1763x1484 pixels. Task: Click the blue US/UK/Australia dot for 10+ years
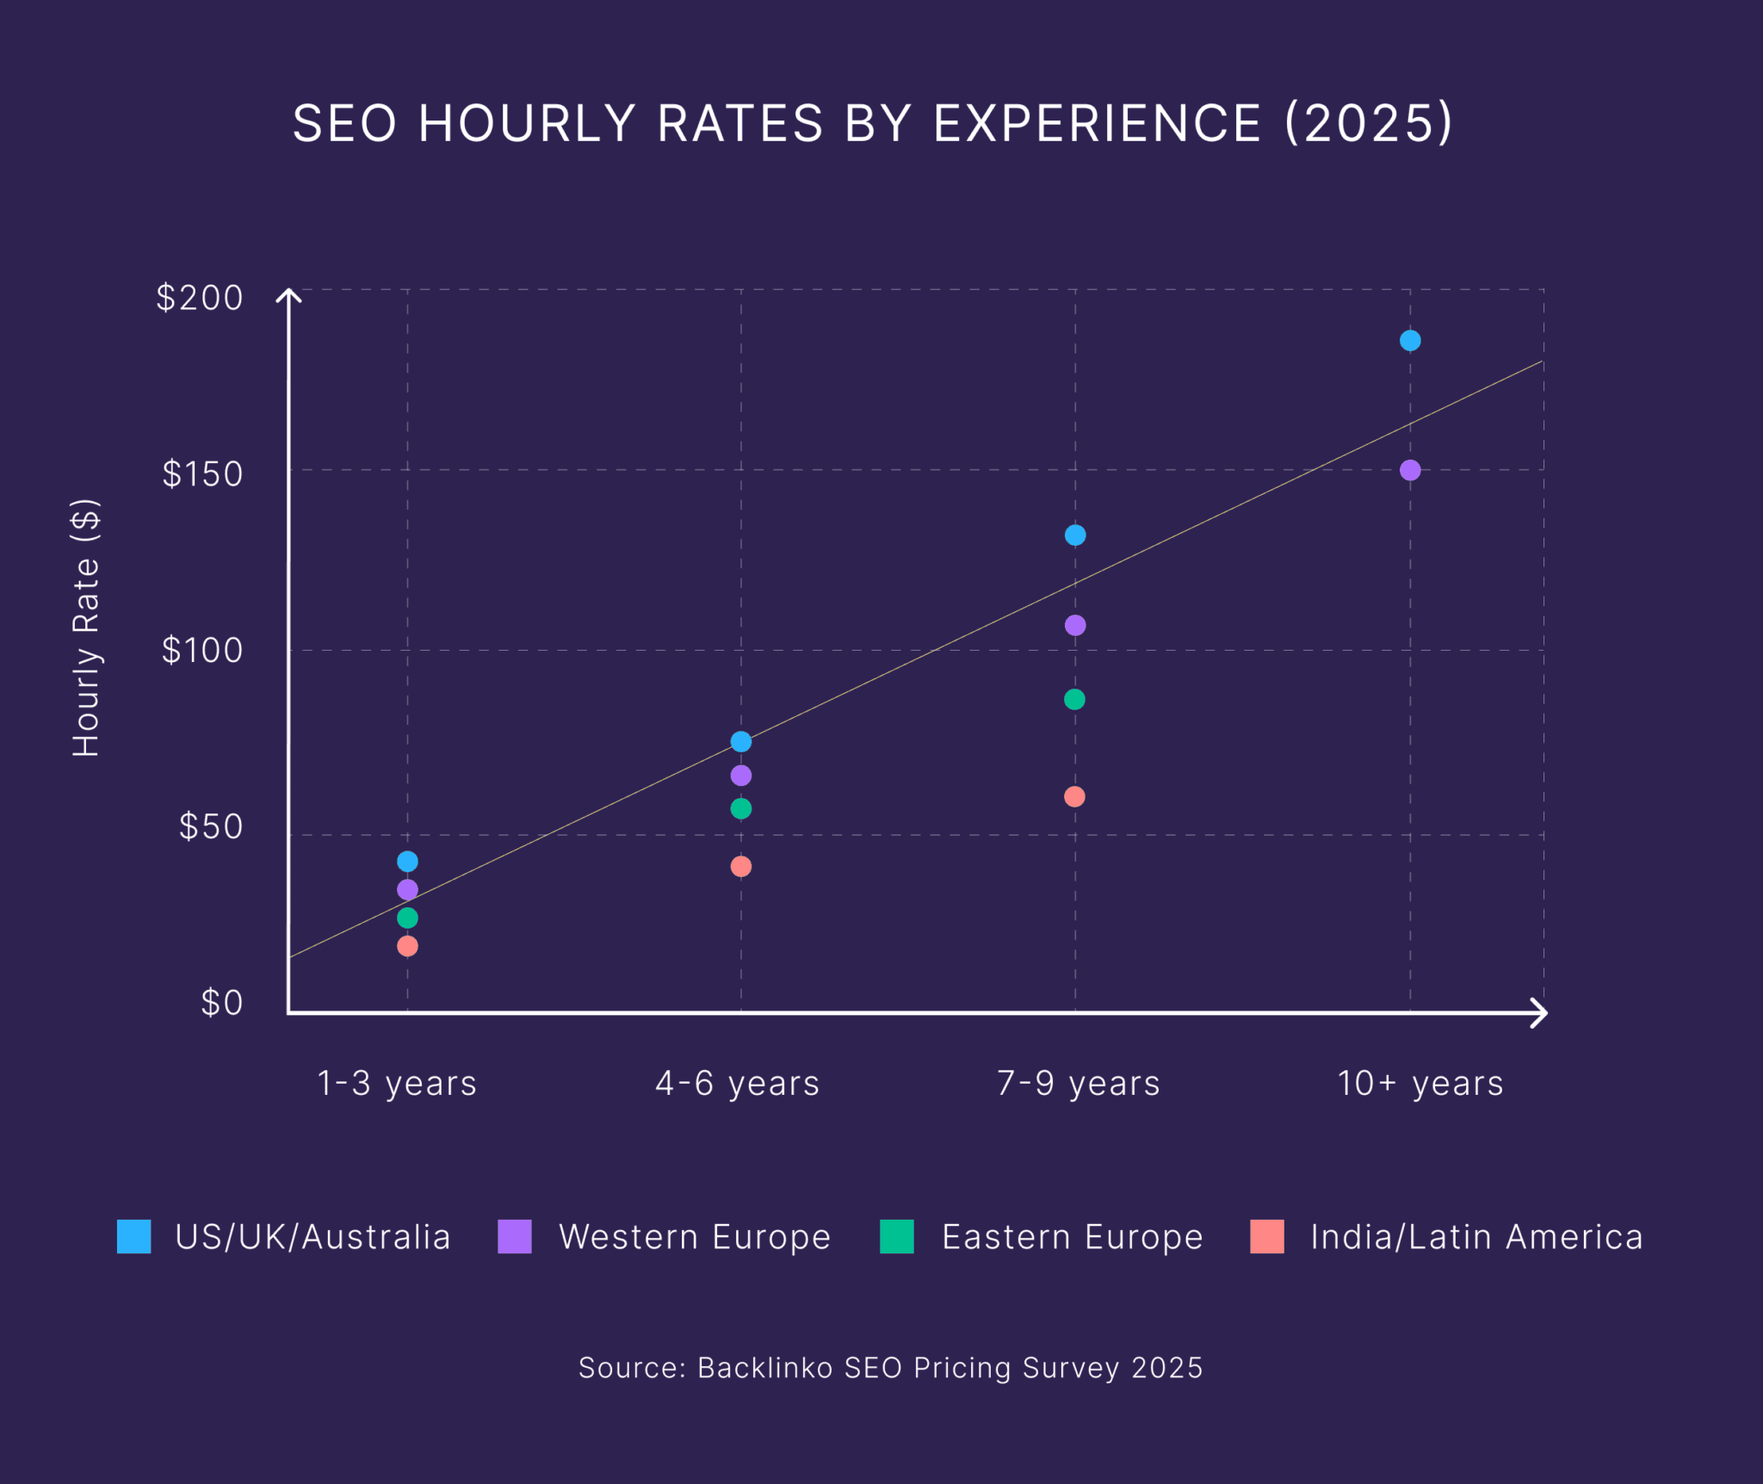tap(1410, 341)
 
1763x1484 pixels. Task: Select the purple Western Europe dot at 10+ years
tap(1410, 471)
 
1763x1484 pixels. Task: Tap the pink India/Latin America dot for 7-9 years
tap(1074, 797)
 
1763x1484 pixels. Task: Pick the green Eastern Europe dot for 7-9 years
tap(1074, 700)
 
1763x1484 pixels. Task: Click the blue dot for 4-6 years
tap(741, 742)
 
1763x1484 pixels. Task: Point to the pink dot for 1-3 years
tap(408, 946)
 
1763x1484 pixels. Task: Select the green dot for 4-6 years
tap(741, 809)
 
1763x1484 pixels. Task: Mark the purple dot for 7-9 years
tap(1075, 626)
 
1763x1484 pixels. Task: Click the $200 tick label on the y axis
tap(200, 299)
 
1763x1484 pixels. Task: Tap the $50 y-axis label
tap(211, 827)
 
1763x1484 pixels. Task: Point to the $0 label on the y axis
tap(222, 1004)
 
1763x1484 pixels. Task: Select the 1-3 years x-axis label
tap(397, 1084)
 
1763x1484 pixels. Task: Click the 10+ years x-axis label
tap(1420, 1084)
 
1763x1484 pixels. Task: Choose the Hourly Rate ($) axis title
tap(86, 628)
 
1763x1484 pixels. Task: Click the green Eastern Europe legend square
tap(897, 1237)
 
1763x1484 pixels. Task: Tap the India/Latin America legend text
tap(1476, 1238)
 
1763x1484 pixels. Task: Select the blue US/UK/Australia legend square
tap(134, 1237)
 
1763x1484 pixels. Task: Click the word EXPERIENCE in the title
tap(1098, 124)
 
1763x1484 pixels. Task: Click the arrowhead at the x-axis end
tap(1541, 1013)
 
